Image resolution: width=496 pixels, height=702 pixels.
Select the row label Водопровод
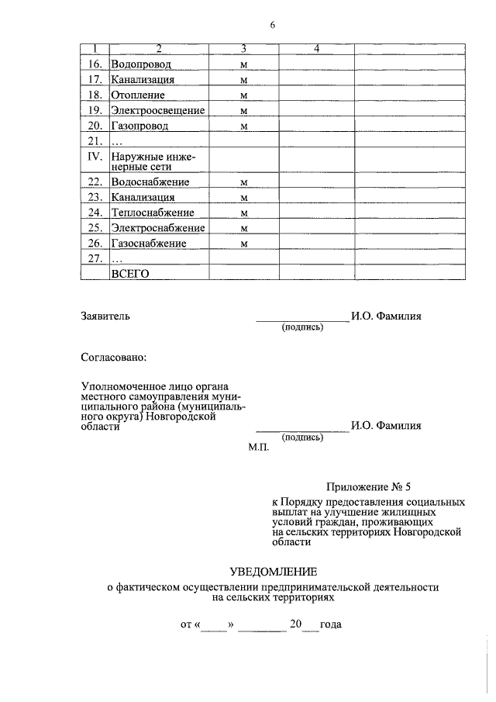pos(140,64)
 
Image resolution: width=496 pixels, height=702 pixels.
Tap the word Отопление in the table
pos(138,95)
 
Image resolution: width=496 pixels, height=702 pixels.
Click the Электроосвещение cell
pos(157,111)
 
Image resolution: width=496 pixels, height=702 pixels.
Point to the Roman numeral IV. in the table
pos(94,157)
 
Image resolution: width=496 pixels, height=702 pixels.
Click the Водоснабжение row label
pos(150,182)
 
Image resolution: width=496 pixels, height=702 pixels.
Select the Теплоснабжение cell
pos(152,213)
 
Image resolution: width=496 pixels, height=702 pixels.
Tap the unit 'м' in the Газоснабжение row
pos(243,244)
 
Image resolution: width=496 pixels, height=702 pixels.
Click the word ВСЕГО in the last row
pos(129,273)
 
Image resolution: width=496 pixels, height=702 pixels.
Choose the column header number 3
pos(243,50)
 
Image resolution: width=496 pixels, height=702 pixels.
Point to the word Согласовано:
pos(113,358)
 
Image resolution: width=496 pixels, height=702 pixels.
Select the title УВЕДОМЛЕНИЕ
pos(274,572)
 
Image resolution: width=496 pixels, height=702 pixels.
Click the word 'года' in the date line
pos(331,624)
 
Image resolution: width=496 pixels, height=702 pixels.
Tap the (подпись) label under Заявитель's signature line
pos(302,327)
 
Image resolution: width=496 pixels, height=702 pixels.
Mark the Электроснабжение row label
pos(157,229)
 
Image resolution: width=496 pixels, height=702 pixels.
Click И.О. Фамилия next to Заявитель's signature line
pos(386,316)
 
